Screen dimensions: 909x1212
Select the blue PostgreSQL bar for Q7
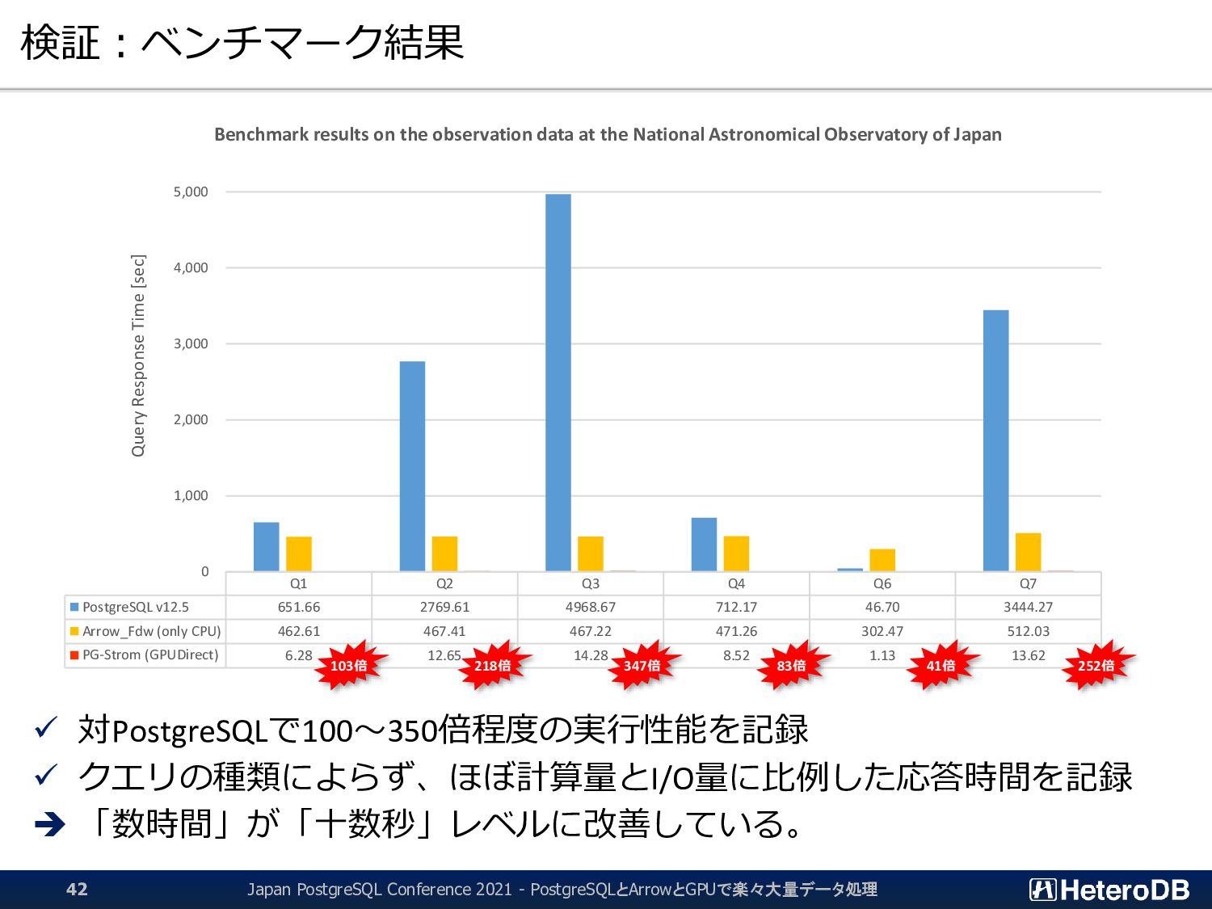pyautogui.click(x=995, y=440)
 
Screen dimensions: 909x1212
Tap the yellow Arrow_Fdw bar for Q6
pyautogui.click(x=882, y=560)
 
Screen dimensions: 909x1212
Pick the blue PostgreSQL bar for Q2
pyautogui.click(x=412, y=466)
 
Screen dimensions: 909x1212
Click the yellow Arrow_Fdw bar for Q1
pyautogui.click(x=299, y=553)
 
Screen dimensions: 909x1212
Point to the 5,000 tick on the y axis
pyautogui.click(x=191, y=192)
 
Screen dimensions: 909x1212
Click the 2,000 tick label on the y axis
pyautogui.click(x=191, y=420)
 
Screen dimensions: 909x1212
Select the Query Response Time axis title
pyautogui.click(x=138, y=356)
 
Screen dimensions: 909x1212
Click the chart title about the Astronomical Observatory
pyautogui.click(x=608, y=135)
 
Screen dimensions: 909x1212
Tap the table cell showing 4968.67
pyautogui.click(x=591, y=607)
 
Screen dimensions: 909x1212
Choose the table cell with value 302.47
pyautogui.click(x=882, y=631)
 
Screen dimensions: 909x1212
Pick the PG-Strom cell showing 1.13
pyautogui.click(x=882, y=655)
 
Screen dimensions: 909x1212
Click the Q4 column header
pyautogui.click(x=736, y=583)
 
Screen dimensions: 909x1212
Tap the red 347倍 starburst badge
pyautogui.click(x=642, y=666)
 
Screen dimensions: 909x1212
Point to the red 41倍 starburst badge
pyautogui.click(x=941, y=666)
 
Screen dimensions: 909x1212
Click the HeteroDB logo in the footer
pyautogui.click(x=1109, y=890)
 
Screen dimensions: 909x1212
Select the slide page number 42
pyautogui.click(x=77, y=890)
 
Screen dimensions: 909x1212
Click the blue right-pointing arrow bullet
pyautogui.click(x=50, y=825)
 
